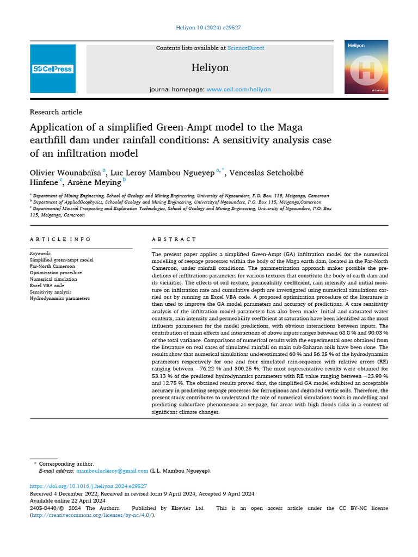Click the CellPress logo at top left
52,69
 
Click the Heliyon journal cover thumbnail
366,67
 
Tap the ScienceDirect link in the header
245,48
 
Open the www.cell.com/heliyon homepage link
238,89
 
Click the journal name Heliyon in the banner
210,68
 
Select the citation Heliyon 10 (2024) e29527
209,27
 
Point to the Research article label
56,112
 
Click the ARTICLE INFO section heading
60,239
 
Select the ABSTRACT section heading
174,239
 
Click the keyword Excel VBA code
47,286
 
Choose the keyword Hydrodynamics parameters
60,298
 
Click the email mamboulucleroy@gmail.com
112,471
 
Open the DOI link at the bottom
88,486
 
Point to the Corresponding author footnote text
66,463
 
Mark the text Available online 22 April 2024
67,500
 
